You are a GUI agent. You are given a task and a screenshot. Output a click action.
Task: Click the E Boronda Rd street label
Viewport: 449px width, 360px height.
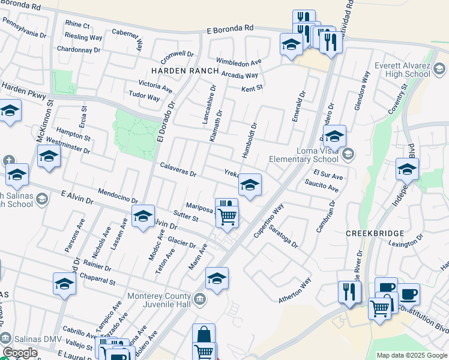[231, 28]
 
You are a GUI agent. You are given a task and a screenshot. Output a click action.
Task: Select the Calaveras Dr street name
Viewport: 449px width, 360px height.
[178, 169]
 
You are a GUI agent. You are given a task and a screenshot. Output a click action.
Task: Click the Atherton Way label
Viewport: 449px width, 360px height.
[295, 291]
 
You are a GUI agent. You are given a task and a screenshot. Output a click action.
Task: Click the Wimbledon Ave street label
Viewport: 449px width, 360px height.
[239, 62]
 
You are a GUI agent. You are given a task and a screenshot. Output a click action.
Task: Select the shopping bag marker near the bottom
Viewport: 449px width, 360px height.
[203, 334]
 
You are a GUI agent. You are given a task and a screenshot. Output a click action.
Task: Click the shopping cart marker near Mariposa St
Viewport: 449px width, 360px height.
[227, 217]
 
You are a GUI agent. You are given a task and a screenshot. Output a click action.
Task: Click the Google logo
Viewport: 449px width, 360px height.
[20, 353]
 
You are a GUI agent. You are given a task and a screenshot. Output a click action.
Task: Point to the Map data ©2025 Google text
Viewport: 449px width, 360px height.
[412, 355]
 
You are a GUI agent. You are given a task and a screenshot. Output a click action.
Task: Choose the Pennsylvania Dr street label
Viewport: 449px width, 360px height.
[24, 27]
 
